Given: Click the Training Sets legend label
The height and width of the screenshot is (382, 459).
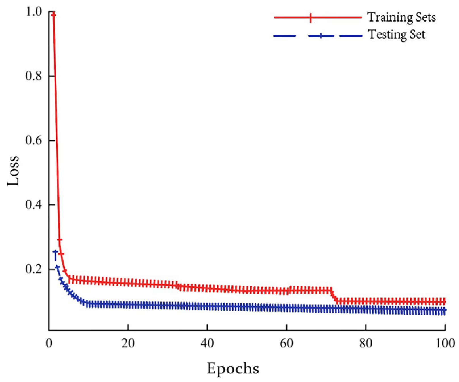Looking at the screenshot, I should point(401,17).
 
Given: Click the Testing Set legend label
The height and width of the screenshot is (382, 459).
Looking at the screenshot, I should point(396,35).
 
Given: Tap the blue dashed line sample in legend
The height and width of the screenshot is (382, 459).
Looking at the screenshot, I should point(318,36).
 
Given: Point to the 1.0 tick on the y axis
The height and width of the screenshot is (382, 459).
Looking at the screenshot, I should point(34,12).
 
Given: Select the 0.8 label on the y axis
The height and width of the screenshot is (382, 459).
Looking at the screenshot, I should point(34,76).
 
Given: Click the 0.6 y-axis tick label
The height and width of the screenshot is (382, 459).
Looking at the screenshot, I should point(34,140).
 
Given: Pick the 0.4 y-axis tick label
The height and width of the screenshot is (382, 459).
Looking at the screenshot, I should point(34,204).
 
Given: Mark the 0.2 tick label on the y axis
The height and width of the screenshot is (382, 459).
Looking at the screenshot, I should point(34,269).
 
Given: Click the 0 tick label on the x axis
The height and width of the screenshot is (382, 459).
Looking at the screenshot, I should point(49,343).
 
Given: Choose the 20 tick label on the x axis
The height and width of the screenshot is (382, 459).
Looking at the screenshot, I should point(128,343).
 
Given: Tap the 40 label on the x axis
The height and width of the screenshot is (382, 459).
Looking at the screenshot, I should point(207,343).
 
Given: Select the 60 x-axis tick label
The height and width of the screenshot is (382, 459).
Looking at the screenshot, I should point(286,343).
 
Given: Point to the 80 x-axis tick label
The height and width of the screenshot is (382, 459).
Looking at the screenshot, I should point(366,343).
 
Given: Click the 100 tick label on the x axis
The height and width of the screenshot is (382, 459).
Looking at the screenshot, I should point(444,343).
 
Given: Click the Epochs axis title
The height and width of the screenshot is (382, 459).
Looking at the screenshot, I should point(233,368).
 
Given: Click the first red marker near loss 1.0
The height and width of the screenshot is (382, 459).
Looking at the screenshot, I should point(53,15).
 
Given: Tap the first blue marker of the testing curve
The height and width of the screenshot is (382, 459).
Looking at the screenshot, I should point(55,252).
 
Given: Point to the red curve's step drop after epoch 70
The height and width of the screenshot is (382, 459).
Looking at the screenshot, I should point(334,296).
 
